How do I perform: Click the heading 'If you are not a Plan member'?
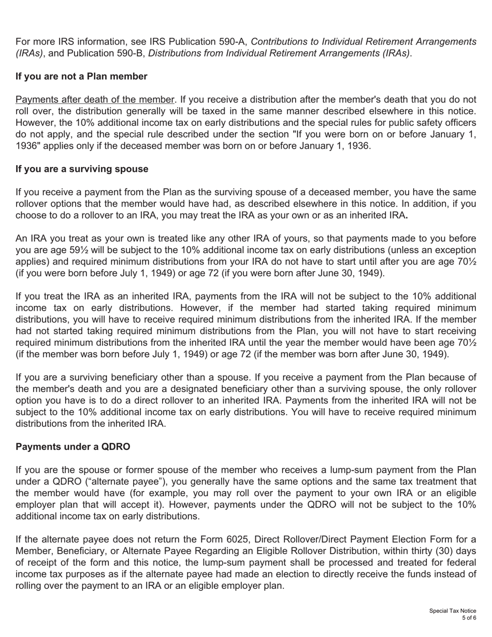click(x=81, y=77)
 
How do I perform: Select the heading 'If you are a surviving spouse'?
click(x=82, y=169)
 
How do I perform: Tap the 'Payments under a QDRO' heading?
click(x=73, y=447)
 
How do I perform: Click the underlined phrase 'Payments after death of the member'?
click(x=95, y=99)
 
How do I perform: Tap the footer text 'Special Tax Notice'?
click(x=452, y=611)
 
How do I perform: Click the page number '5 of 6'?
click(x=469, y=618)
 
